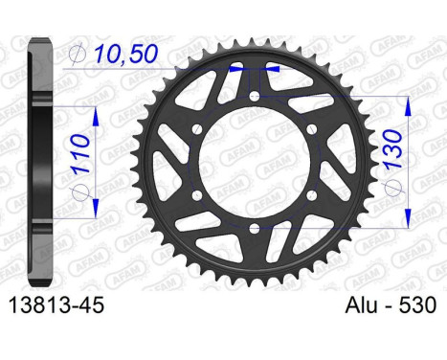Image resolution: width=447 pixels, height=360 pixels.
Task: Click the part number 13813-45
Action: click(56, 304)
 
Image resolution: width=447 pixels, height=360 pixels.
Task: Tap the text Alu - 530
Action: click(391, 304)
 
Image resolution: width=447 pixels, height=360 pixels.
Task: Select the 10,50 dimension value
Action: click(126, 54)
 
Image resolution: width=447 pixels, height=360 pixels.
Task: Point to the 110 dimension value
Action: click(80, 153)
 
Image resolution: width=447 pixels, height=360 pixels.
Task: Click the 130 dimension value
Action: click(392, 148)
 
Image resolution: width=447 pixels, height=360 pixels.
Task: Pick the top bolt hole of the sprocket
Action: click(255, 96)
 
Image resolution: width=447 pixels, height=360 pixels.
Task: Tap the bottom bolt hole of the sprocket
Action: click(255, 228)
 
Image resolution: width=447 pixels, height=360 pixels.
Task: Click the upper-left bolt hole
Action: click(197, 129)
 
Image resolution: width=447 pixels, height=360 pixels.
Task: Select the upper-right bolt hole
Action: click(312, 129)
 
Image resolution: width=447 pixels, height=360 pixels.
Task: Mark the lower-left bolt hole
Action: click(197, 195)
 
